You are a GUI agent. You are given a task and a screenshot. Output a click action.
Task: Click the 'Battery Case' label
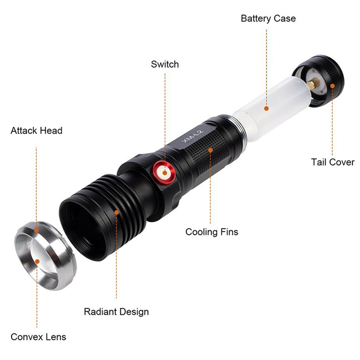coord(268,18)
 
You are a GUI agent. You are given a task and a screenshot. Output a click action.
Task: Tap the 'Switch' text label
coord(165,64)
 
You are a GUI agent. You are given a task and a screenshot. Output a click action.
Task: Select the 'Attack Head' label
coord(37,131)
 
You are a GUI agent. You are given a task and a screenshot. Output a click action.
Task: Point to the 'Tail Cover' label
coord(332,162)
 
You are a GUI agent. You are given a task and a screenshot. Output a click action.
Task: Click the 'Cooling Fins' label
coord(212,232)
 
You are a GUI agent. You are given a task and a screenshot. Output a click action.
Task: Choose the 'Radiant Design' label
coord(116,311)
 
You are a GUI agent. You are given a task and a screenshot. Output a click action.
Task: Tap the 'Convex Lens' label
coord(37,337)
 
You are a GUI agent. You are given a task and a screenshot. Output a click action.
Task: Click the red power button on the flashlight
coord(164,173)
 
